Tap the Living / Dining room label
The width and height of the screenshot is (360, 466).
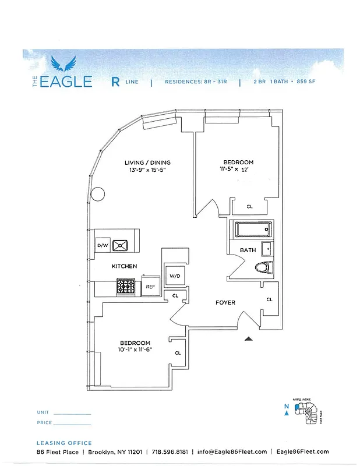(x=147, y=163)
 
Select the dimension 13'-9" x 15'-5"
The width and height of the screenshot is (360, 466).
(x=147, y=171)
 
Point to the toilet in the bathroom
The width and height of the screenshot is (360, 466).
(x=264, y=267)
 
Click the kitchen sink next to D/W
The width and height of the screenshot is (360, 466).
(x=121, y=245)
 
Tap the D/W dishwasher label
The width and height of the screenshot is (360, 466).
(x=103, y=246)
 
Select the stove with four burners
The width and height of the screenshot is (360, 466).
(x=126, y=286)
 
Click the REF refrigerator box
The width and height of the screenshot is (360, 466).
(x=150, y=287)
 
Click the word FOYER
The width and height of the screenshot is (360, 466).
(x=225, y=302)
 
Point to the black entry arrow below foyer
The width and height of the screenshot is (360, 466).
(x=249, y=338)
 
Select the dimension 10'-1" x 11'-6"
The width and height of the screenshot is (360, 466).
(x=135, y=351)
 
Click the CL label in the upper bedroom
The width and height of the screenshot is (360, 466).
(x=249, y=206)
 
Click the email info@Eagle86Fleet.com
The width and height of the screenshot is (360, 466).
(x=232, y=451)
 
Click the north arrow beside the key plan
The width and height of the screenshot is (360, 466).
(x=286, y=413)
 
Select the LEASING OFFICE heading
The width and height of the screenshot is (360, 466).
(x=64, y=443)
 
